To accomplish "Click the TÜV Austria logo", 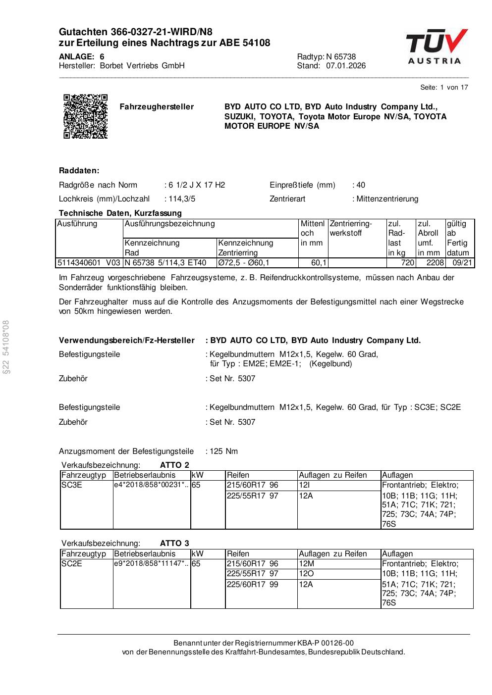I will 437,47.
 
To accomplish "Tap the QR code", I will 86,116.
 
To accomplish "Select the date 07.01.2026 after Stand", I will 346,66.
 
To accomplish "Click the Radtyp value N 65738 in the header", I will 341,57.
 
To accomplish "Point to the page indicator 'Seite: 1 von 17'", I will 444,88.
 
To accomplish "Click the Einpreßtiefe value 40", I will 360,185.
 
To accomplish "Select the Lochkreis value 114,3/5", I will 181,199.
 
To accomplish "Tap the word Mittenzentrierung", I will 387,199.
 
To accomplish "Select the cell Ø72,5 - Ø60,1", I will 244,263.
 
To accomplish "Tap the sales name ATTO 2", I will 174,465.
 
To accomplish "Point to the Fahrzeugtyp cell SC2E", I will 72,564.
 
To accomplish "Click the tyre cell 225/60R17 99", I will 253,585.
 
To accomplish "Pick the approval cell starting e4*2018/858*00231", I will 151,486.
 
